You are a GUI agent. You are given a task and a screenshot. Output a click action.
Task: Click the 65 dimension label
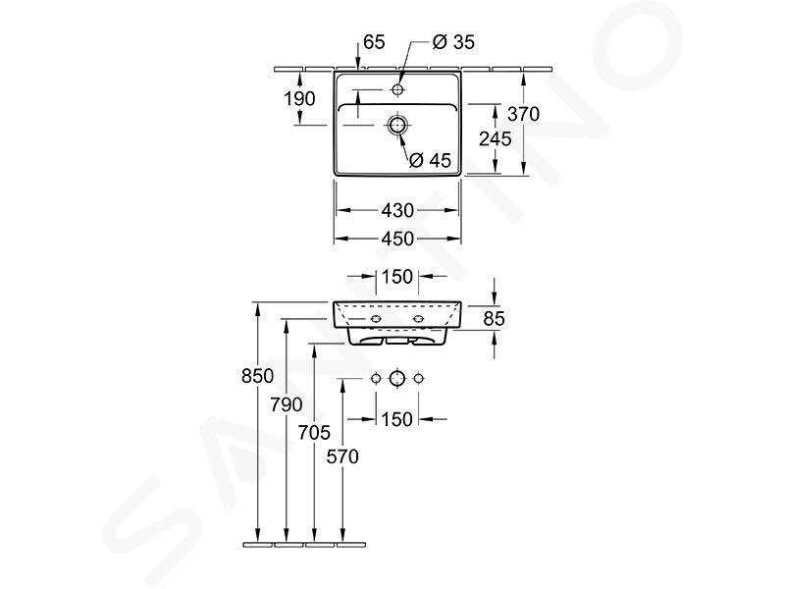374,42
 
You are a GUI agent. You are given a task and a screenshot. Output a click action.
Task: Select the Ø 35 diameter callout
453,42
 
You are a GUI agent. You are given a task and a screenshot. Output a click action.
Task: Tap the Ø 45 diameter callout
430,160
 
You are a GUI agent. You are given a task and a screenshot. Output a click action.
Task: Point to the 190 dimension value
300,99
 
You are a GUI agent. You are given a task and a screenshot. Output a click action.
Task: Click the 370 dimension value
524,114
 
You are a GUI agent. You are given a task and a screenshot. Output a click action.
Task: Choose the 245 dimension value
496,138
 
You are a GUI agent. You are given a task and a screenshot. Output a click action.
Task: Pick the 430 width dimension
397,210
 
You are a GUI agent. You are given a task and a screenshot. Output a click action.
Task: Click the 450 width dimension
397,239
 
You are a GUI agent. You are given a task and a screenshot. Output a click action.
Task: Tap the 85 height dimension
495,318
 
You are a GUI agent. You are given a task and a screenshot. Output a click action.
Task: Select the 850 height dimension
257,376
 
